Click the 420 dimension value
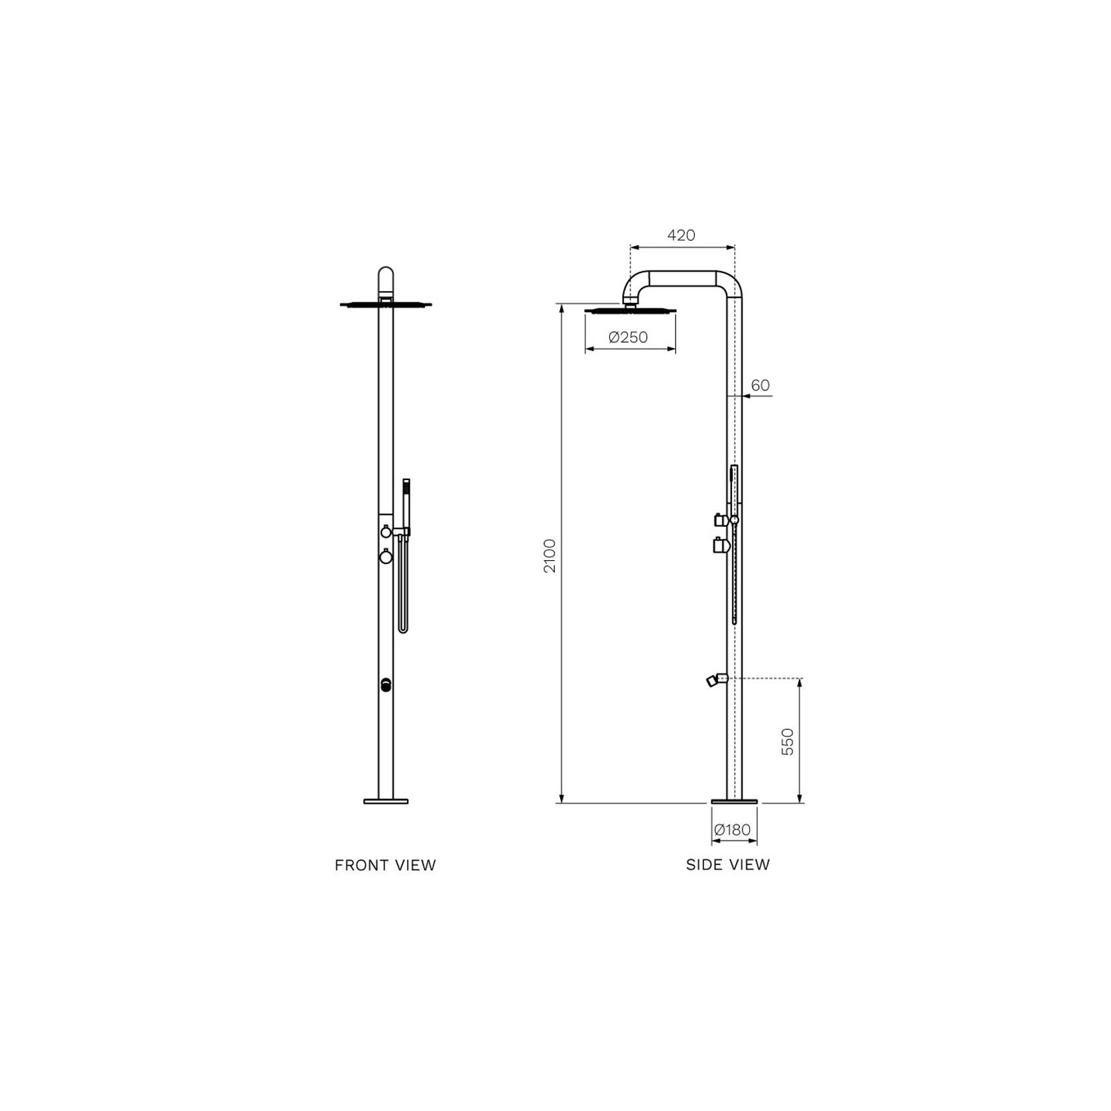681,235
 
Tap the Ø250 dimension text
628,337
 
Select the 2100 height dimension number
550,555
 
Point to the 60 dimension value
760,385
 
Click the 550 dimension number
788,742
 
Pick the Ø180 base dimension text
732,829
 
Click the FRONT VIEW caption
385,865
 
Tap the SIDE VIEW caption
728,864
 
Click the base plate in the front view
386,801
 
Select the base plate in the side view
734,801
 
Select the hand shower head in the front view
406,487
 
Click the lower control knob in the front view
386,557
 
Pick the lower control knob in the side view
721,546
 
